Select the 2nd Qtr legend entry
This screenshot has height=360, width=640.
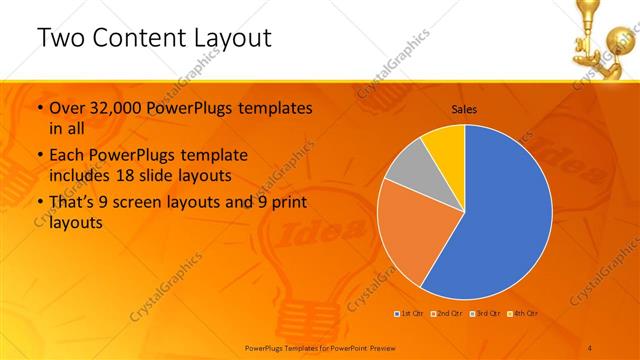pos(446,313)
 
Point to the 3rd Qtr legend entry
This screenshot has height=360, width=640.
pos(486,313)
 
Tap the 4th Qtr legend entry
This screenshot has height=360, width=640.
pos(524,313)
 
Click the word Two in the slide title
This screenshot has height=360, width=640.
pos(59,38)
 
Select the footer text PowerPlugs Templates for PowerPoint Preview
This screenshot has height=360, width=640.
pos(321,347)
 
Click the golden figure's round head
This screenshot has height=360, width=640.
pos(601,42)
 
